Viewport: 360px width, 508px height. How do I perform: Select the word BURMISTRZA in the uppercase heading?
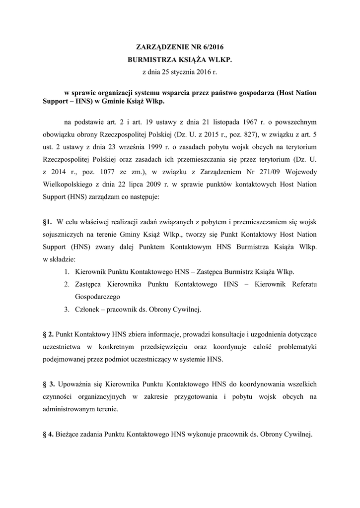coord(150,60)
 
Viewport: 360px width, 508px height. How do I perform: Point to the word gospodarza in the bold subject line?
coord(250,93)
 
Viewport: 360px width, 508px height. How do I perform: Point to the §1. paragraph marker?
coord(48,221)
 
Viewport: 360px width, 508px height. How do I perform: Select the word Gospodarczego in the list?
coord(98,297)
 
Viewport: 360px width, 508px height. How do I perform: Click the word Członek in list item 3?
coord(88,310)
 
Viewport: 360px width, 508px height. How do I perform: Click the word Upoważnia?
coord(74,384)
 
